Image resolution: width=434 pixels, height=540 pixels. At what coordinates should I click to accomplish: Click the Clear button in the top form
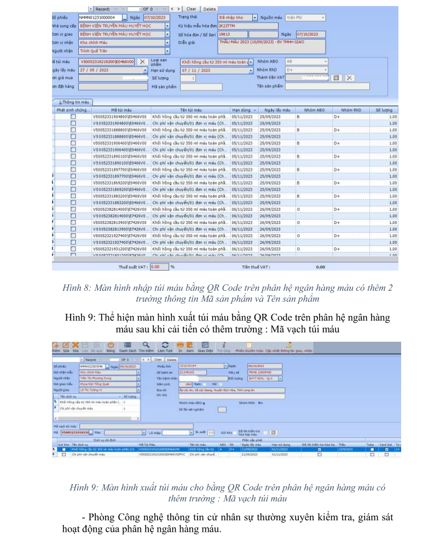click(x=191, y=9)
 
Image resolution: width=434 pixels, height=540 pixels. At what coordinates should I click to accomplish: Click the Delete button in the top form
click(x=210, y=9)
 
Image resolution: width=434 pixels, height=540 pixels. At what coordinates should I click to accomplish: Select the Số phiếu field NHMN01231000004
click(x=100, y=18)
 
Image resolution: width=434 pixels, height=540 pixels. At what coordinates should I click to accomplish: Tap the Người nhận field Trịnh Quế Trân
click(x=121, y=51)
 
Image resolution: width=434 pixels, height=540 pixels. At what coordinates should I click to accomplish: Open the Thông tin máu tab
click(x=73, y=102)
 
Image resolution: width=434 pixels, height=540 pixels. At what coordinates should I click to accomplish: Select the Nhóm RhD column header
click(x=350, y=110)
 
